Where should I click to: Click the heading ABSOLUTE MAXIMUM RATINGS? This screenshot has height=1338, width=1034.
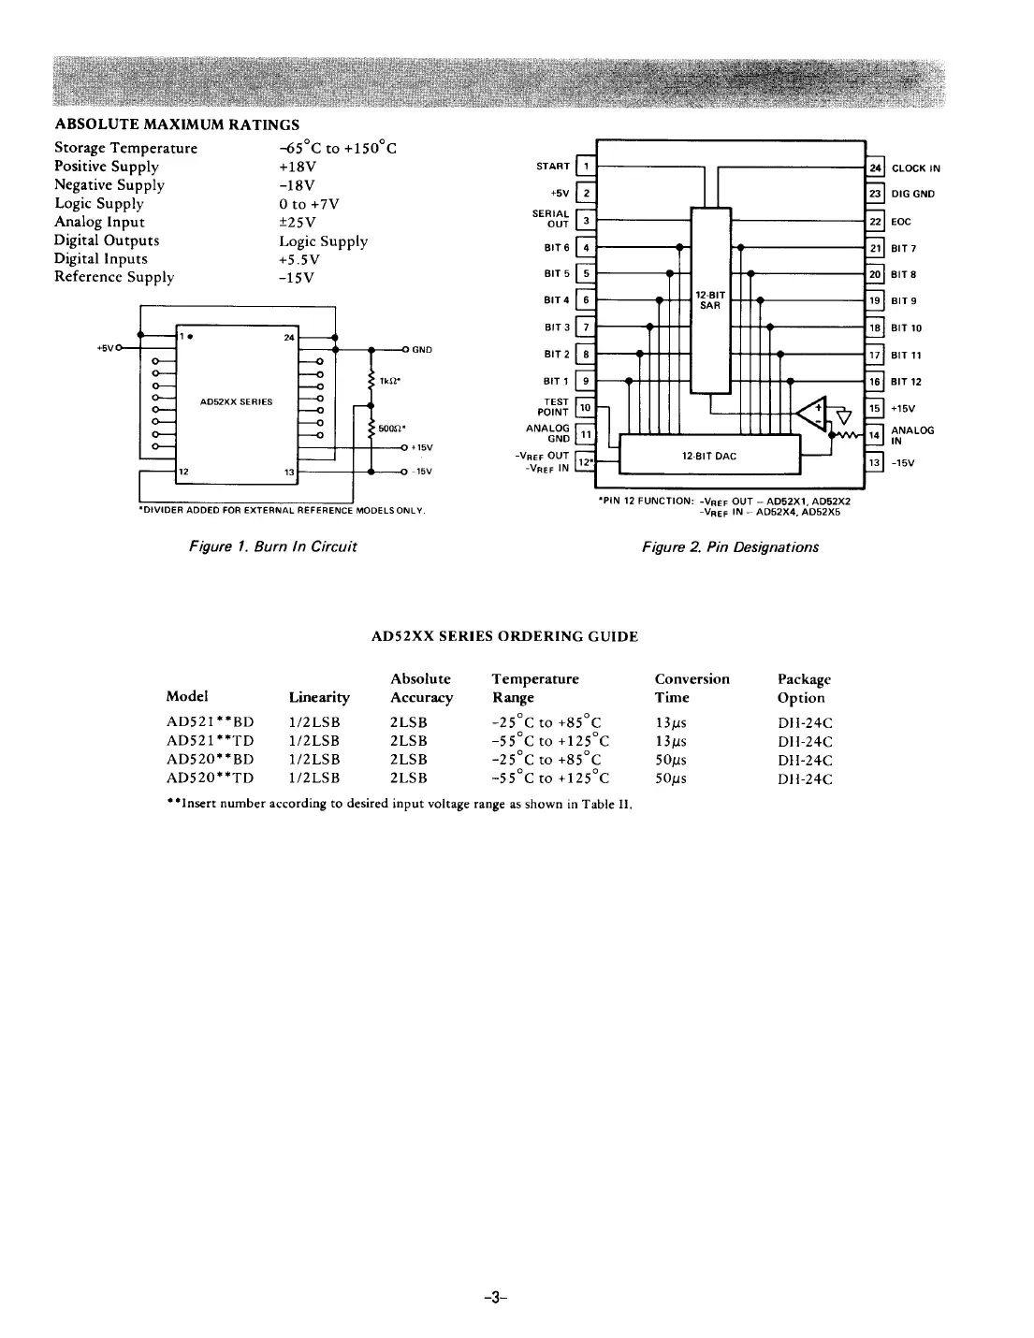coord(177,124)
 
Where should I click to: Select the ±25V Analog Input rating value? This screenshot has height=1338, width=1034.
coord(297,222)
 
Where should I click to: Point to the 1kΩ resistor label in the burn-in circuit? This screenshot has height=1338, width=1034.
coord(390,381)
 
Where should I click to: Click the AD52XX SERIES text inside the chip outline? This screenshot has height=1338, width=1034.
coord(237,402)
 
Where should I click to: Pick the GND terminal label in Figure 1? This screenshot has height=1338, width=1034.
coord(421,350)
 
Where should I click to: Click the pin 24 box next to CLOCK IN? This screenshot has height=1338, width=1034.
coord(876,168)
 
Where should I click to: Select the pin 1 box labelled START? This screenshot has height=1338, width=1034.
coord(586,167)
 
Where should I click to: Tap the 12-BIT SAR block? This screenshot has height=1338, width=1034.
coord(710,299)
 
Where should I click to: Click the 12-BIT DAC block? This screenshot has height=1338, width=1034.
coord(709,456)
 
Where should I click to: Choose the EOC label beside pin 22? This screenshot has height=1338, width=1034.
coord(901,222)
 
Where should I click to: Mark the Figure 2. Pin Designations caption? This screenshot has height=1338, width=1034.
coord(730,547)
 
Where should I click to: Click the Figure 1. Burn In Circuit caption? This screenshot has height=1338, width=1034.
coord(272,546)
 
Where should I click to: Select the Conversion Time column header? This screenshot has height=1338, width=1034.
coord(692,688)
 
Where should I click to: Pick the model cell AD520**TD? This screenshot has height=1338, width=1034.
coord(210,778)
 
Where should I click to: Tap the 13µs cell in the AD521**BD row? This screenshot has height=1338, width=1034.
coord(671,722)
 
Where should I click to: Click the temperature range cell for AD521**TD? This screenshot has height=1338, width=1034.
coord(550,741)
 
